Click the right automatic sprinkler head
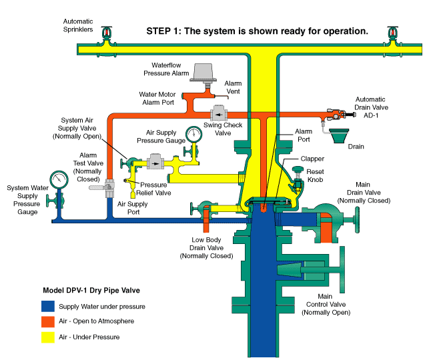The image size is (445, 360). point(393,33)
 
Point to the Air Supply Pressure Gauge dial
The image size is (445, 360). point(193,134)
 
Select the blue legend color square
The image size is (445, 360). point(47,307)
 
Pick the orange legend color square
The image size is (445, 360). point(47,321)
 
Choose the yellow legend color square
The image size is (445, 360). point(47,337)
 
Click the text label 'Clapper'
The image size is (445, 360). point(311,159)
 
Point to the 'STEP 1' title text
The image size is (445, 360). point(257,31)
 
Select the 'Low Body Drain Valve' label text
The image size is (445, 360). point(206,248)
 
